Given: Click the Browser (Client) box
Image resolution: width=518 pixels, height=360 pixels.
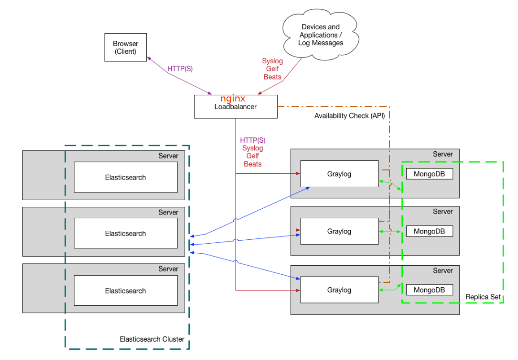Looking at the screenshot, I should (126, 47).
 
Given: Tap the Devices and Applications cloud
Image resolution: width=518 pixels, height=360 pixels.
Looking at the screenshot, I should (320, 35).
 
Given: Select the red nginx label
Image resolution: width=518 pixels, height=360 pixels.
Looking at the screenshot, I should (233, 99).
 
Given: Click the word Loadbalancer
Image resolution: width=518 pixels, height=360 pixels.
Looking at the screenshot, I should (235, 107).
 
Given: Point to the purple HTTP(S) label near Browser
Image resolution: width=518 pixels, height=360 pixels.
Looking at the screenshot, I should (180, 69).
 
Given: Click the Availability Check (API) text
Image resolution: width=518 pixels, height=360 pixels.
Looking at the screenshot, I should (349, 116).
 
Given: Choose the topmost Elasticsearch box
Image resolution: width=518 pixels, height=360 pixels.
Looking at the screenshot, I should (126, 177).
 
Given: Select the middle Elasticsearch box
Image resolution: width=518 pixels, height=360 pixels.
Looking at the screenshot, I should (126, 233).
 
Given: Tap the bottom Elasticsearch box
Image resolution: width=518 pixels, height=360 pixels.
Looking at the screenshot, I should (126, 291).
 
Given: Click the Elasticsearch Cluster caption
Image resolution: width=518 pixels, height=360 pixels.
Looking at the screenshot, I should (152, 339).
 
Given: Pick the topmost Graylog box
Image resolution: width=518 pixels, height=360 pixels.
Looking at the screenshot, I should (339, 174).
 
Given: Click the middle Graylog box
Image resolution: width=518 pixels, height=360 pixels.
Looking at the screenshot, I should (339, 232).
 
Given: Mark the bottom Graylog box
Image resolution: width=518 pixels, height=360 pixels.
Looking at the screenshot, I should (339, 290).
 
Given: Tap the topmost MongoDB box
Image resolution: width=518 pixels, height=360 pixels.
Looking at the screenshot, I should (429, 174).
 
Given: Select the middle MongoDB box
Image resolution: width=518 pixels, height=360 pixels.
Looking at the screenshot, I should (429, 232).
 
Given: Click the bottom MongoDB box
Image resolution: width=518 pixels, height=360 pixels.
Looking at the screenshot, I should (429, 290).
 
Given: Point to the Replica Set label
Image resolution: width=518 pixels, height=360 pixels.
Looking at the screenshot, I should (483, 297).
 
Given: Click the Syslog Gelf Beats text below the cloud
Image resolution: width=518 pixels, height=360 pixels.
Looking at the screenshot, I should (273, 69).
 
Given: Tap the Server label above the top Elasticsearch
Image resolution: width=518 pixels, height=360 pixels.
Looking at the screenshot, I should (168, 156).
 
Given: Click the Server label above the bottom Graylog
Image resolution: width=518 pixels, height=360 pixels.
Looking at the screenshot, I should (443, 271).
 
